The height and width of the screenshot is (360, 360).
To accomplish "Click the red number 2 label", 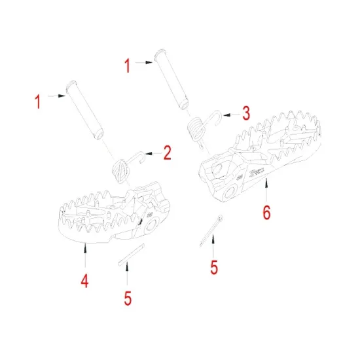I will pos(168,153).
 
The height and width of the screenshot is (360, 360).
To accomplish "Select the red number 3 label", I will pos(245,113).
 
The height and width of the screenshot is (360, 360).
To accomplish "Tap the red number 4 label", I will pos(84,281).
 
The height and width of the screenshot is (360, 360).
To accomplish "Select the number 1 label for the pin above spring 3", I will pos(128,65).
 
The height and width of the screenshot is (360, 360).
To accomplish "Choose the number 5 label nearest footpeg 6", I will pos(213,268).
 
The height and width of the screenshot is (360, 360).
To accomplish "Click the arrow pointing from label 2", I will pos(151,154).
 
